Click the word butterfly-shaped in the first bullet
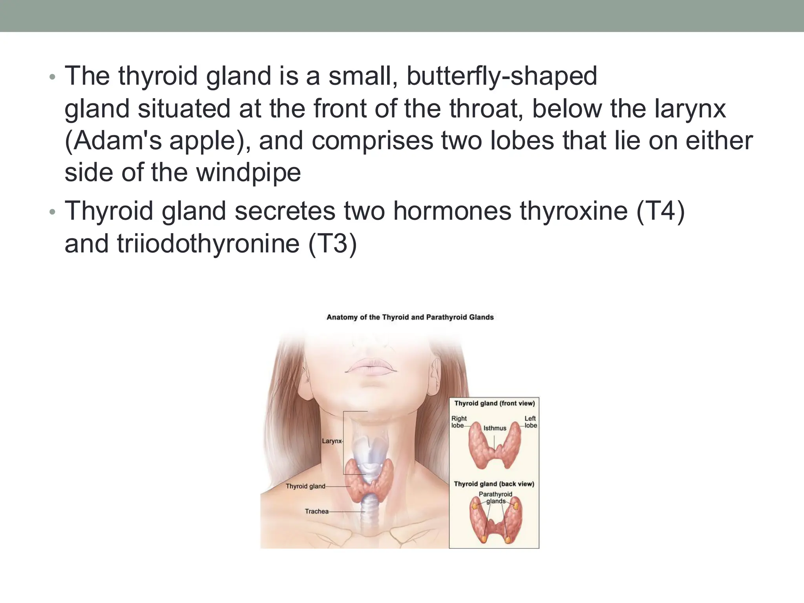click(502, 76)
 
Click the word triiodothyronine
click(208, 244)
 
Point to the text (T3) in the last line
click(333, 244)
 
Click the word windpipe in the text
click(249, 173)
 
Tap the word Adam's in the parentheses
click(114, 141)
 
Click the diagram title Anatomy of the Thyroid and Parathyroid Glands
click(410, 317)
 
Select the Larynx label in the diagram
click(332, 441)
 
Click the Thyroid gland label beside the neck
click(305, 486)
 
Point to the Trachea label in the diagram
click(316, 512)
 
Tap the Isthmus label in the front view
click(495, 428)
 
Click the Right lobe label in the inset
click(459, 422)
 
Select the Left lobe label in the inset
click(530, 422)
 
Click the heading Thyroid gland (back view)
click(494, 484)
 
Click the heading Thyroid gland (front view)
click(494, 403)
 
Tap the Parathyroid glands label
click(495, 498)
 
